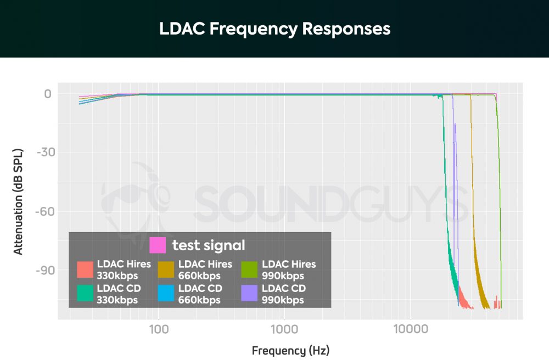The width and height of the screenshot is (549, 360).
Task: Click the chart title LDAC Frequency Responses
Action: (274, 29)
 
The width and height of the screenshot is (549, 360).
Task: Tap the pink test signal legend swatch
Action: (158, 245)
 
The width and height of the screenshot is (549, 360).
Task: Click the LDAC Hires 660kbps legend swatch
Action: (165, 269)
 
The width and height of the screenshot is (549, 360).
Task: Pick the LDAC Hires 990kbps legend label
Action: (289, 269)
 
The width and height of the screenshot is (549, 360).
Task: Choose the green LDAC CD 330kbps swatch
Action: (85, 294)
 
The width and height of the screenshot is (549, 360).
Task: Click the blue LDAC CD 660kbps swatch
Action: (165, 294)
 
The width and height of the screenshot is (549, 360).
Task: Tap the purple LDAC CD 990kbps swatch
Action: (249, 294)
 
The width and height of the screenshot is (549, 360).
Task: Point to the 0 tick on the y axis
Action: (48, 94)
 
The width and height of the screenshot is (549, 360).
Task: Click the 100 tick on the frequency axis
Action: (158, 329)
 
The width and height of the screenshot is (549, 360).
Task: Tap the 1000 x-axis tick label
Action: (284, 329)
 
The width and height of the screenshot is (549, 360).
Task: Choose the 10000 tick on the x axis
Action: (410, 329)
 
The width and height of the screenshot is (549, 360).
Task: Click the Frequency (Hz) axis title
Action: (290, 350)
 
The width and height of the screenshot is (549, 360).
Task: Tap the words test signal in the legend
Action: (209, 245)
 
